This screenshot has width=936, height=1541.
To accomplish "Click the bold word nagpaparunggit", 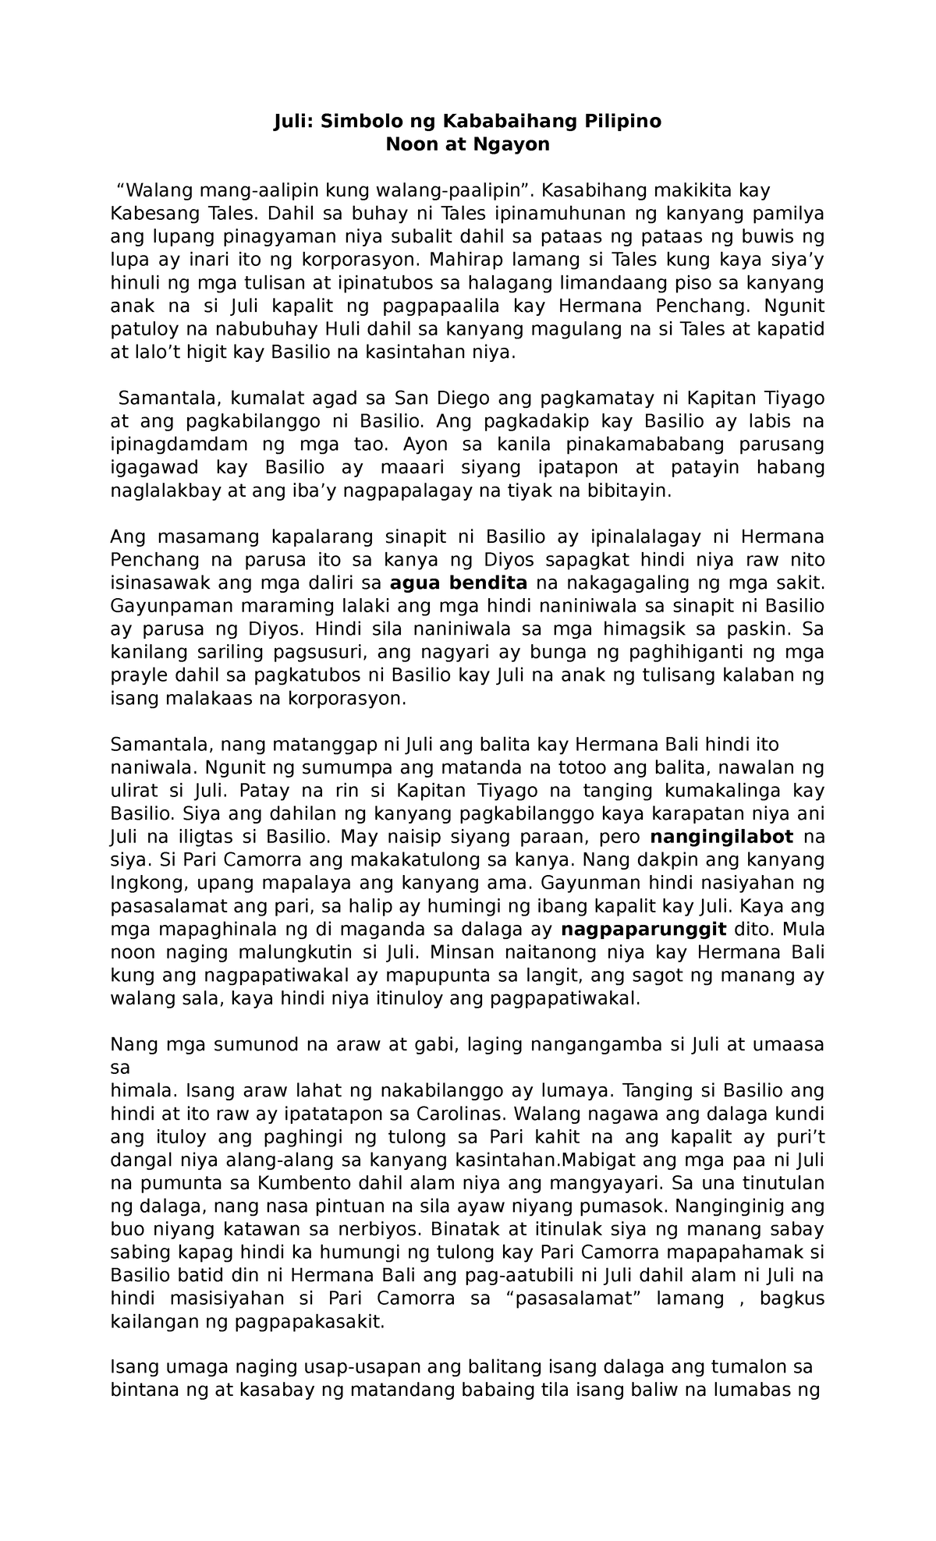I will point(644,929).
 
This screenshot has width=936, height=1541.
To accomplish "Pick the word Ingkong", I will point(144,883).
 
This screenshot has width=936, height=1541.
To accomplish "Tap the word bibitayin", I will point(621,491).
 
